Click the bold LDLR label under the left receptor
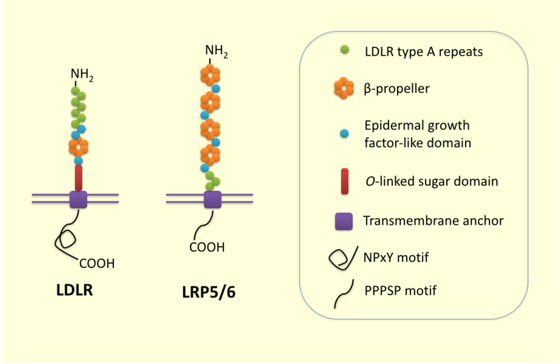click(x=75, y=290)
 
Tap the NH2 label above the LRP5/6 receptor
click(x=217, y=51)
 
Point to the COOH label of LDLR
click(x=97, y=264)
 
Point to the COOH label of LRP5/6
click(x=207, y=248)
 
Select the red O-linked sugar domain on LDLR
click(x=78, y=178)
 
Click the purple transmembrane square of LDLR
click(x=78, y=199)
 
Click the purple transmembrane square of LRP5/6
click(x=212, y=199)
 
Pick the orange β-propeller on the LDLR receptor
click(x=78, y=146)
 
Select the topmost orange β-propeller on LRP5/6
click(x=209, y=75)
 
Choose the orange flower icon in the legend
click(x=343, y=88)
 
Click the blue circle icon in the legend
click(x=343, y=133)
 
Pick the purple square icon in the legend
click(x=343, y=221)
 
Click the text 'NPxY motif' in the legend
click(x=396, y=257)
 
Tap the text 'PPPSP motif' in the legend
click(x=400, y=290)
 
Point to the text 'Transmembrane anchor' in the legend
click(x=433, y=221)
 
